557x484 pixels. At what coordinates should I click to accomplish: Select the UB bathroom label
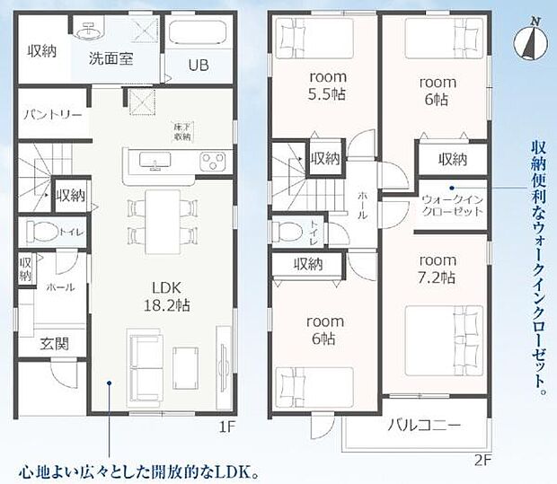(x=199, y=65)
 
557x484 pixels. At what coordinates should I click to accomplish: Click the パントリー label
(x=53, y=116)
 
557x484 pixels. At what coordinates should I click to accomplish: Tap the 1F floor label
(x=227, y=427)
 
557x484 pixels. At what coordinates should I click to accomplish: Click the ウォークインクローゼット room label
(x=452, y=204)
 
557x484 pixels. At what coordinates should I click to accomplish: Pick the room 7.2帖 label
(x=438, y=268)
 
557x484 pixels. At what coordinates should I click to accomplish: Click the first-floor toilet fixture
(x=41, y=232)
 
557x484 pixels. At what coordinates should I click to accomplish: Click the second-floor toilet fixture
(x=287, y=228)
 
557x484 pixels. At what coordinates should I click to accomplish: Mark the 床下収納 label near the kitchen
(x=182, y=132)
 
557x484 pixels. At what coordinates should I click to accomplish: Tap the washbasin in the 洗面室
(x=88, y=32)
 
